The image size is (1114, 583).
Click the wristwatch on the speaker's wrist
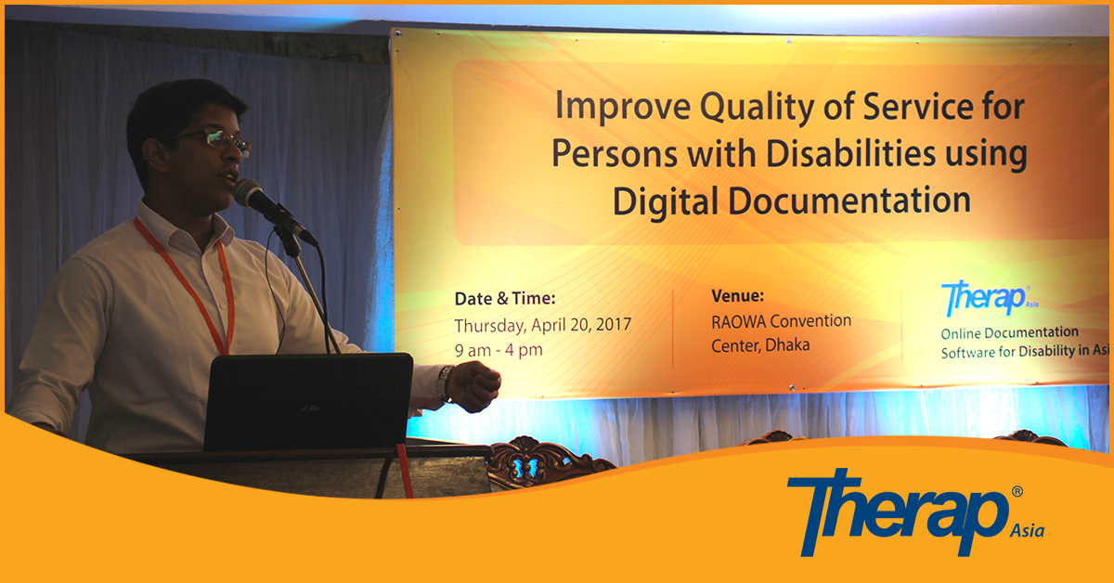pos(445,383)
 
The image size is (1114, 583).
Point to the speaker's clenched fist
pos(475,386)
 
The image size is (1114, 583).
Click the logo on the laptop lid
pos(311,408)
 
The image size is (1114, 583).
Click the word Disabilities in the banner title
pos(851,154)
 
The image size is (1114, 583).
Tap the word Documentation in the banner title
pos(849,200)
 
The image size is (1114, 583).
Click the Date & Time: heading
pos(505,299)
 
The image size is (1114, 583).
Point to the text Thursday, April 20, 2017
pos(542,325)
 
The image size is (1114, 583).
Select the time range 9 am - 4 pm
pos(499,350)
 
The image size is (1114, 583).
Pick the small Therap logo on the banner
pos(990,297)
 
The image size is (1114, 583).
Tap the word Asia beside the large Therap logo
pos(1027,531)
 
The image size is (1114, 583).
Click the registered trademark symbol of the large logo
pos(1017,491)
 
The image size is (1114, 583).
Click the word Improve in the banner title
pos(623,107)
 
